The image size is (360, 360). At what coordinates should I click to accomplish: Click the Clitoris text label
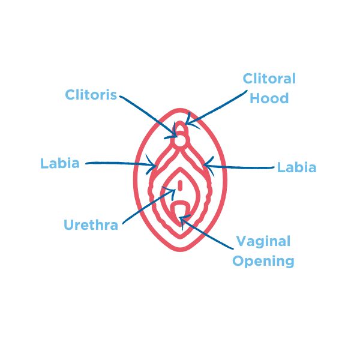(x=92, y=95)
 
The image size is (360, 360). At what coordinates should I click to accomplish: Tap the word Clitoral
(x=269, y=79)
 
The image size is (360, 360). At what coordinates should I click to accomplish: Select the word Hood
(x=270, y=98)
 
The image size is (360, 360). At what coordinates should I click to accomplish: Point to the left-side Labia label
(x=60, y=163)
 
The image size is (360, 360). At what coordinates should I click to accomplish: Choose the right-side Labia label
(x=296, y=167)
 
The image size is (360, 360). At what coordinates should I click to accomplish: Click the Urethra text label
(x=91, y=226)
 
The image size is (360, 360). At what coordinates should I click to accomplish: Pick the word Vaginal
(x=263, y=242)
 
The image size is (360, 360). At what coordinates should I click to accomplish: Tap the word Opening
(x=263, y=262)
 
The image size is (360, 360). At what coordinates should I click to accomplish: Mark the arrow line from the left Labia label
(x=120, y=162)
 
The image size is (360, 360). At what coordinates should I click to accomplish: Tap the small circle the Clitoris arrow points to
(x=180, y=140)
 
